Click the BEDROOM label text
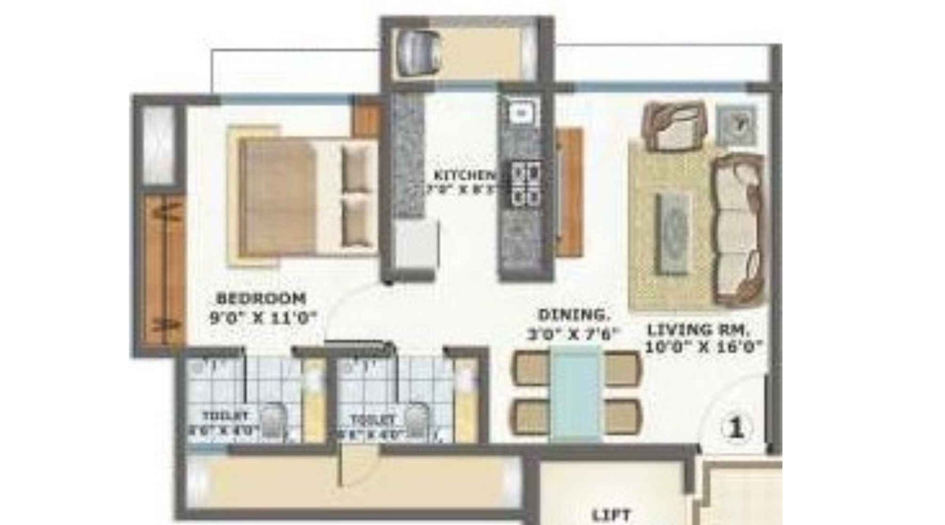coord(261,298)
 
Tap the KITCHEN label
coord(465,175)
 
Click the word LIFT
coord(611,515)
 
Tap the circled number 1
coord(735,427)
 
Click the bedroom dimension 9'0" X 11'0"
coord(263,318)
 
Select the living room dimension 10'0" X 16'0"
coord(701,347)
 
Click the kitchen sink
coord(521,112)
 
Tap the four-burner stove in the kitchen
coord(526,184)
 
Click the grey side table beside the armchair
coord(737,125)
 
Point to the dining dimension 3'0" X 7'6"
coord(572,334)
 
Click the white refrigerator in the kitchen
coord(416,244)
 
